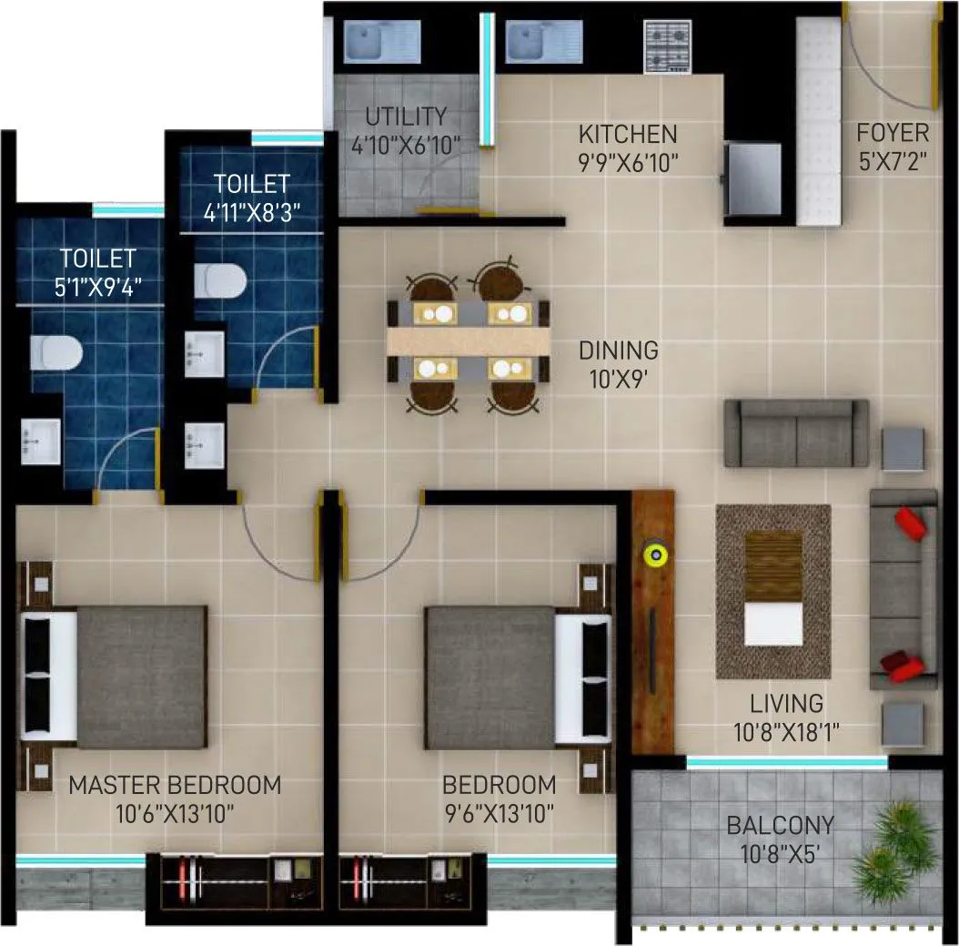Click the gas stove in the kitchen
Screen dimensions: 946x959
669,46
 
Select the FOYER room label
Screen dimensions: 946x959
893,133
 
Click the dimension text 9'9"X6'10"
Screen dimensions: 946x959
628,163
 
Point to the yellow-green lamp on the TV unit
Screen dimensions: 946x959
654,553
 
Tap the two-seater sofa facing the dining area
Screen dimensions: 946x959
796,433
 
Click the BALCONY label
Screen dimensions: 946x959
780,826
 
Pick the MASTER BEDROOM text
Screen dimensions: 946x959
176,784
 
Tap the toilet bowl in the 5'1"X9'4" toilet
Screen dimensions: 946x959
56,351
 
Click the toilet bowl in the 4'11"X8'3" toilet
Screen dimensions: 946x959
220,280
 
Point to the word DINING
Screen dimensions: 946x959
619,351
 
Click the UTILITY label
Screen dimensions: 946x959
406,117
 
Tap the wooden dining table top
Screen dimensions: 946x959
469,340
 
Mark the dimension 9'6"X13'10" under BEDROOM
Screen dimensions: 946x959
499,812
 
